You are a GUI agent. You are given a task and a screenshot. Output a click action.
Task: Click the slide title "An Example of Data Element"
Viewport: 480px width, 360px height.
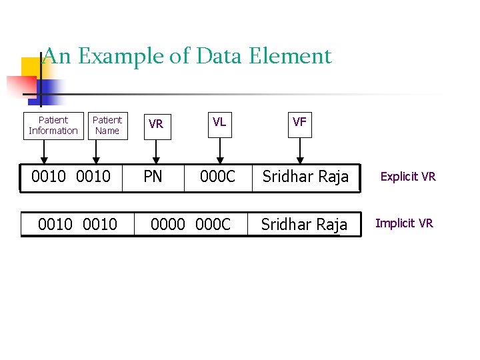click(187, 56)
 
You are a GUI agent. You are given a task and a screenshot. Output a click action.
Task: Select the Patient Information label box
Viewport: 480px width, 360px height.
click(53, 125)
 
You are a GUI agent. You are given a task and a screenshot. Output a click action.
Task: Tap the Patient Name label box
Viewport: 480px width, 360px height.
click(107, 125)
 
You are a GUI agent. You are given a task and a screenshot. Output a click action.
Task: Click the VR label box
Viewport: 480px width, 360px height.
click(156, 125)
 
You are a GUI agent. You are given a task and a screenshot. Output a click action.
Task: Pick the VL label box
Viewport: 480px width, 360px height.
click(219, 123)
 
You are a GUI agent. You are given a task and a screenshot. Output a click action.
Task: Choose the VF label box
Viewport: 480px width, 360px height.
click(300, 123)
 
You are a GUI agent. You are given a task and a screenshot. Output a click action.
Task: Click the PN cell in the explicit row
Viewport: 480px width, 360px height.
click(153, 177)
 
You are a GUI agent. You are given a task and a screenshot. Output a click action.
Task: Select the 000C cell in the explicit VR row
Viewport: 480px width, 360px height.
click(218, 177)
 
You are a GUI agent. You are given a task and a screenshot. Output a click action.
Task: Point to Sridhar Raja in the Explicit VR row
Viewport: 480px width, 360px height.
click(305, 177)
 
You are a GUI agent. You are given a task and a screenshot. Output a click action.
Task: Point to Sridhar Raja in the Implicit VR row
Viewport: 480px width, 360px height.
click(304, 225)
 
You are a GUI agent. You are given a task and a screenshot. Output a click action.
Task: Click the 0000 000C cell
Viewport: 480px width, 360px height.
click(191, 225)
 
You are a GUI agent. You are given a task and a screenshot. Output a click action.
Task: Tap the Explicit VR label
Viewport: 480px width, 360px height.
click(408, 177)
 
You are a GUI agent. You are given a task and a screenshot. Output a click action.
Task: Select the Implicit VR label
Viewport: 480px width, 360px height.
click(404, 223)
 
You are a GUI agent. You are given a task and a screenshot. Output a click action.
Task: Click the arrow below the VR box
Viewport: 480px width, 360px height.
click(156, 151)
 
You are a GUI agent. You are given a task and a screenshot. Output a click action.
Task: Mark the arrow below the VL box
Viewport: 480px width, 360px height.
click(219, 150)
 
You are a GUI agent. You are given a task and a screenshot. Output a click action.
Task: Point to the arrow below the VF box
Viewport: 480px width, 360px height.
click(300, 150)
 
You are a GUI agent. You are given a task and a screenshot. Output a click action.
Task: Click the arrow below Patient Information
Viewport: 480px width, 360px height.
click(44, 151)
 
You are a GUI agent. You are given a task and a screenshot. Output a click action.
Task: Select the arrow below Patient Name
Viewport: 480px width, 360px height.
click(97, 151)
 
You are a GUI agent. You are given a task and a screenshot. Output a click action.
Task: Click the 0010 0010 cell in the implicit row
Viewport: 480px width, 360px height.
click(77, 225)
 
